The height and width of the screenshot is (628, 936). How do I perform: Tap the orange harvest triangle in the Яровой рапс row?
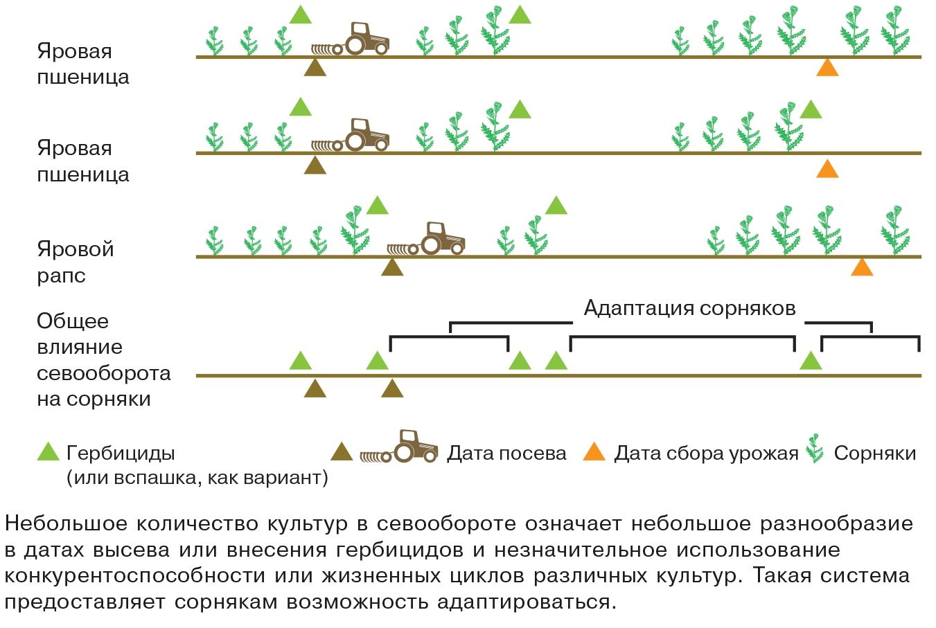pos(861,267)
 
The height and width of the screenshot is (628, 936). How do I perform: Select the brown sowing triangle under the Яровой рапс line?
pos(392,267)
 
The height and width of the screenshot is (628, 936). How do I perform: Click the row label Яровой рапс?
pos(75,262)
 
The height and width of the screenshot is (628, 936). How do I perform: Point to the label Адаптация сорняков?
pos(689,307)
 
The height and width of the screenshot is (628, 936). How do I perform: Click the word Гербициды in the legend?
pos(121,453)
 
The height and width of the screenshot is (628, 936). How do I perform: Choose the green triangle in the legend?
pos(48,452)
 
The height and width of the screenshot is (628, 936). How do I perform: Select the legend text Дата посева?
pos(506,454)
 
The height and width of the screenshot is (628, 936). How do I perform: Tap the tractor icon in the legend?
pos(400,447)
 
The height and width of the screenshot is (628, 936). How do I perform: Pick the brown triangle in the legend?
pos(342,452)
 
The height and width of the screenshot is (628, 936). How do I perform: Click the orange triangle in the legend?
pos(594,452)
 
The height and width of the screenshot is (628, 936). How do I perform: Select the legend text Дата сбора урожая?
pos(706,454)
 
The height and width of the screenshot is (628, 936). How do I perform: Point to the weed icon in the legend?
pos(815,449)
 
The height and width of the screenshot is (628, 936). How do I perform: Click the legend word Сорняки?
pos(874,454)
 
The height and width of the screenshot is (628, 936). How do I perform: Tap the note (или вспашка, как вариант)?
pos(197,478)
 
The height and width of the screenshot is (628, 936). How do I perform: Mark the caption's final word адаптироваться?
pos(526,602)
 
